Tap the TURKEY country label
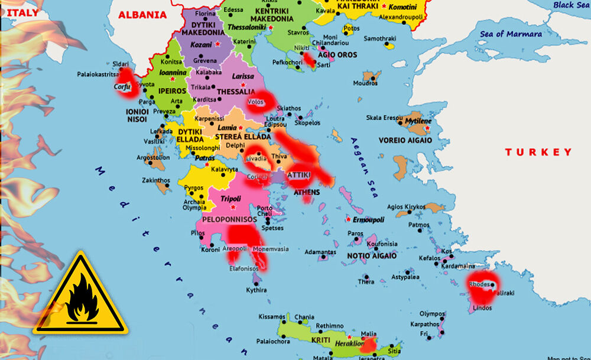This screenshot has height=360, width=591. tap(538, 152)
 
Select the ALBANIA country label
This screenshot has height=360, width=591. tap(143, 15)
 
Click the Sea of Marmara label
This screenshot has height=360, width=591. tap(511, 34)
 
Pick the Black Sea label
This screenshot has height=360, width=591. tap(571, 5)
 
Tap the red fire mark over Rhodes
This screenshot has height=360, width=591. tap(481, 288)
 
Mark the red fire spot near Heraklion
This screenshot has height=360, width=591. tap(368, 345)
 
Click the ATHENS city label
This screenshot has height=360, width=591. tap(306, 192)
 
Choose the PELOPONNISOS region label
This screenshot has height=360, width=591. tap(230, 219)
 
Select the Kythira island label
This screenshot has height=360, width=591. tap(256, 290)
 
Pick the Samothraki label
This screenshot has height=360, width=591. tap(379, 38)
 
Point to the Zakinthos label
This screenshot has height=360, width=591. tap(156, 180)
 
